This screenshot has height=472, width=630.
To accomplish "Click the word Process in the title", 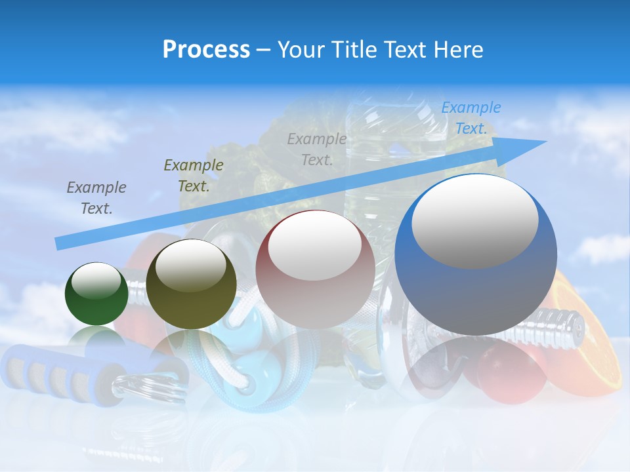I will pyautogui.click(x=206, y=50).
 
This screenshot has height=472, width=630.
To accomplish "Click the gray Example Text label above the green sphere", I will pyautogui.click(x=96, y=198).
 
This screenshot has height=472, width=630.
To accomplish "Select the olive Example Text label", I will pyautogui.click(x=194, y=176).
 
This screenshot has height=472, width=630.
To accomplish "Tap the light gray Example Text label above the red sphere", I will pyautogui.click(x=317, y=149).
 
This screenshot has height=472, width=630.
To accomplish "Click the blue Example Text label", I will pyautogui.click(x=471, y=118).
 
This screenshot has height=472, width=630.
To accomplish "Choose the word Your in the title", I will pyautogui.click(x=299, y=50).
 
